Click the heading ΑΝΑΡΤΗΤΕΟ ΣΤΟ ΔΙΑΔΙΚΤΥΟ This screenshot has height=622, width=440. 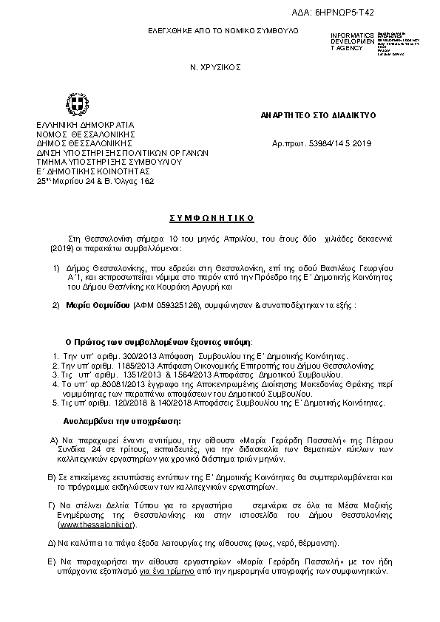(319, 116)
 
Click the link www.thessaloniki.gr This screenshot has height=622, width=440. (97, 524)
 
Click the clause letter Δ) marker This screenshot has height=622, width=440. (52, 542)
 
